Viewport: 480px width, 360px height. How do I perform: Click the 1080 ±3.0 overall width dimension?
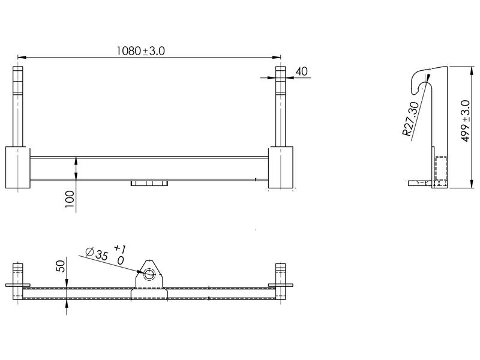140,52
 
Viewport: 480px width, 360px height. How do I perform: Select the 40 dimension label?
301,71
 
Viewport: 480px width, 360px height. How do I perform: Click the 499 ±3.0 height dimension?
465,121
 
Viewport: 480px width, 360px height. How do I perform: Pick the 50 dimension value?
61,266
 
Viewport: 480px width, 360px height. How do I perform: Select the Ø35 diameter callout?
97,254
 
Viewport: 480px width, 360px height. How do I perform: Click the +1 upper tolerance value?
119,248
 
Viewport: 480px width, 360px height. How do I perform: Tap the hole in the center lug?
149,277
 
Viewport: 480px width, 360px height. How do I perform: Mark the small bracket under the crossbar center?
148,183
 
